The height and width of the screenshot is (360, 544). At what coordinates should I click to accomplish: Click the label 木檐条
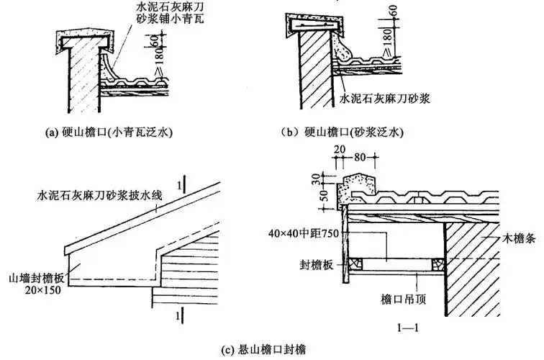[x=511, y=236]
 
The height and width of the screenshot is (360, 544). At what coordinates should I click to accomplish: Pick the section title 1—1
[x=409, y=326]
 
